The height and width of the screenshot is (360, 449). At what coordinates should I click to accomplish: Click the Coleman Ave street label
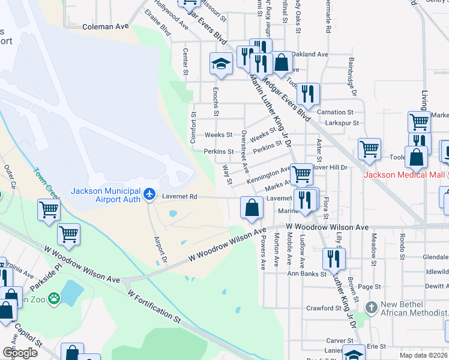106,26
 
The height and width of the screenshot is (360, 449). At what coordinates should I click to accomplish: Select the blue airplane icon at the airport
149,195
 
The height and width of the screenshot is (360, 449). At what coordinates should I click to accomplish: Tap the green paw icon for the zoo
54,297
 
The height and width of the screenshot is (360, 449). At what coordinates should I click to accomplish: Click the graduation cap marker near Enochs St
221,64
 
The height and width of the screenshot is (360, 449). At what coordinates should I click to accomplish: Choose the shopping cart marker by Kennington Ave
301,174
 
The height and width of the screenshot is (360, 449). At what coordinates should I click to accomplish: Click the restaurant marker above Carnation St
308,93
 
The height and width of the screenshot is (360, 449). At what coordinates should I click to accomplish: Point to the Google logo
20,352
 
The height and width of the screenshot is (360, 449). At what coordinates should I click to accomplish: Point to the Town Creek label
47,184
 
